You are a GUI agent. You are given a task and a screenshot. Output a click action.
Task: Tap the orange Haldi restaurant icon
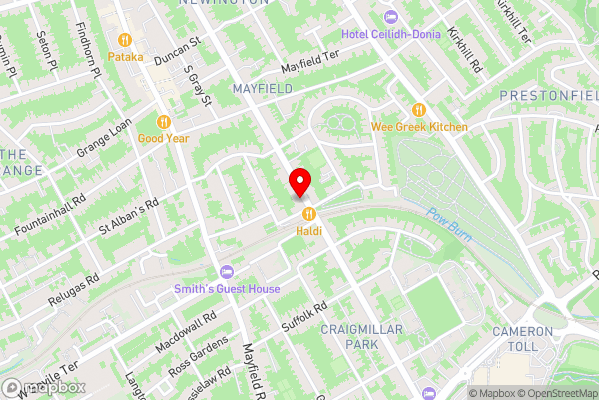point(308,212)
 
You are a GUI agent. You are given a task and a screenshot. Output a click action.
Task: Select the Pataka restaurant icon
point(126,40)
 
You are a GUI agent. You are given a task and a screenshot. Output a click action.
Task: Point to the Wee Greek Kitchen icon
point(419,109)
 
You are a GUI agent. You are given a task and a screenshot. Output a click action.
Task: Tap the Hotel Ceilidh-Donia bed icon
point(390,16)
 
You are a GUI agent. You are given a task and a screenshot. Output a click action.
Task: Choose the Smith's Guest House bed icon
point(226,272)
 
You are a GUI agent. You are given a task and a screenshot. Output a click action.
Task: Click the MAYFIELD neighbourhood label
point(262,89)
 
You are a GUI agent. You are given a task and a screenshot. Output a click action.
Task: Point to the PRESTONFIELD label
point(549,97)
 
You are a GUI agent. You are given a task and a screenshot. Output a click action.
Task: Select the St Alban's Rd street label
point(129,219)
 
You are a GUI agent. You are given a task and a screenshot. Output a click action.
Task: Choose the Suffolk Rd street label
point(304,318)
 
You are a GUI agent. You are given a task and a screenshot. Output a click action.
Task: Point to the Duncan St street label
point(178,52)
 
